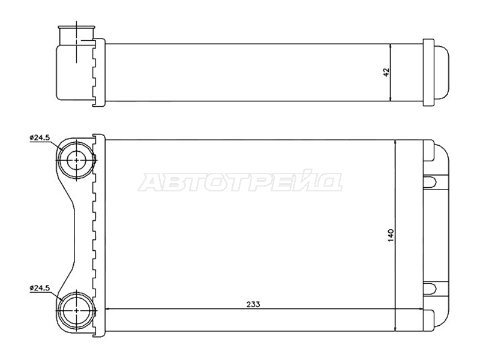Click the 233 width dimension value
253,304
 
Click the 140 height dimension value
391,235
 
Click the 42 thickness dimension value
386,72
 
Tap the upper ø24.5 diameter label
40,137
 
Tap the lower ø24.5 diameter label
40,288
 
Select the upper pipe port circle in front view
76,160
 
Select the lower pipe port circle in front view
76,310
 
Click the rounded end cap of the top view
442,73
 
